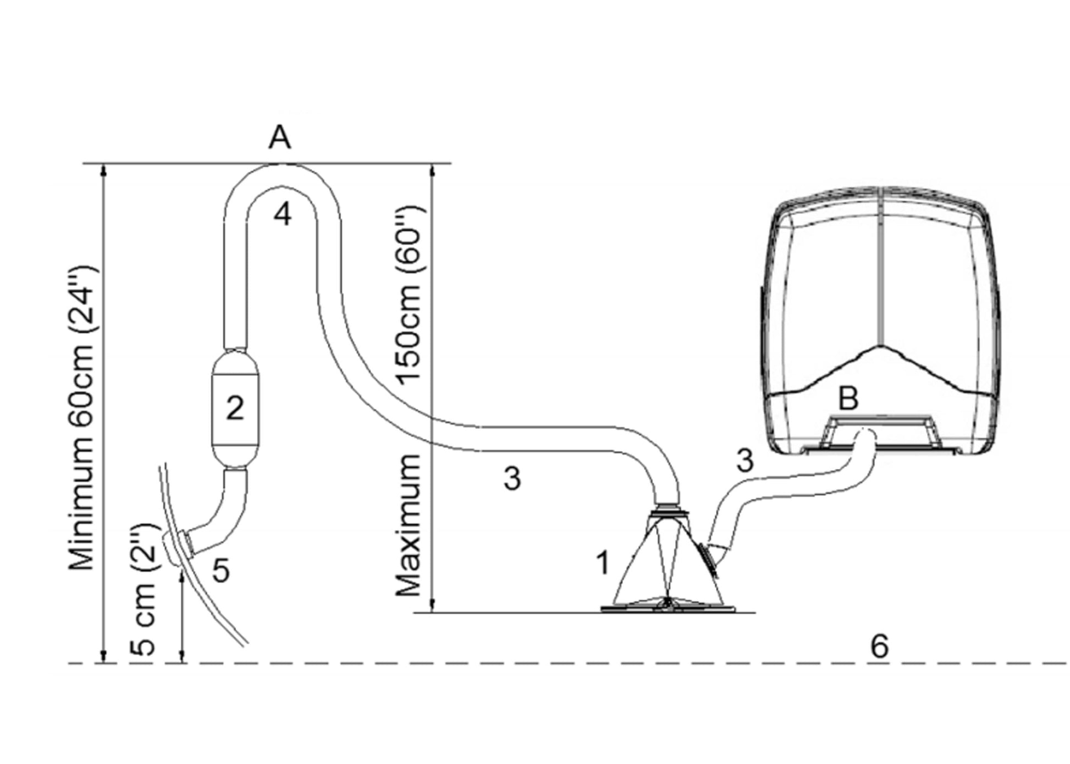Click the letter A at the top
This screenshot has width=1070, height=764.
pyautogui.click(x=279, y=137)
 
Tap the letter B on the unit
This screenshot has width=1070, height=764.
pyautogui.click(x=848, y=398)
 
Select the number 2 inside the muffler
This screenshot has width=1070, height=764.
pyautogui.click(x=235, y=408)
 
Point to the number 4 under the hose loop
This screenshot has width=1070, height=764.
pyautogui.click(x=283, y=214)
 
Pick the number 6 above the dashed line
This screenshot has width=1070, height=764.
pyautogui.click(x=879, y=646)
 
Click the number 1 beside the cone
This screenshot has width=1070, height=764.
pyautogui.click(x=603, y=563)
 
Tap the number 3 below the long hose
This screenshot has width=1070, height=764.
pyautogui.click(x=512, y=479)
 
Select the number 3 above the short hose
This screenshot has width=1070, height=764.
pyautogui.click(x=744, y=461)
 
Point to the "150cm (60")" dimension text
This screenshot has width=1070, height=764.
pyautogui.click(x=409, y=295)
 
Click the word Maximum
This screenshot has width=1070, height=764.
pyautogui.click(x=409, y=525)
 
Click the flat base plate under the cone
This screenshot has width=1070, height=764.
pyautogui.click(x=668, y=608)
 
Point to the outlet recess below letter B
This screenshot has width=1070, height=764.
pyautogui.click(x=880, y=431)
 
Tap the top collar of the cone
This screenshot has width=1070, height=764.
pyautogui.click(x=668, y=511)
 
